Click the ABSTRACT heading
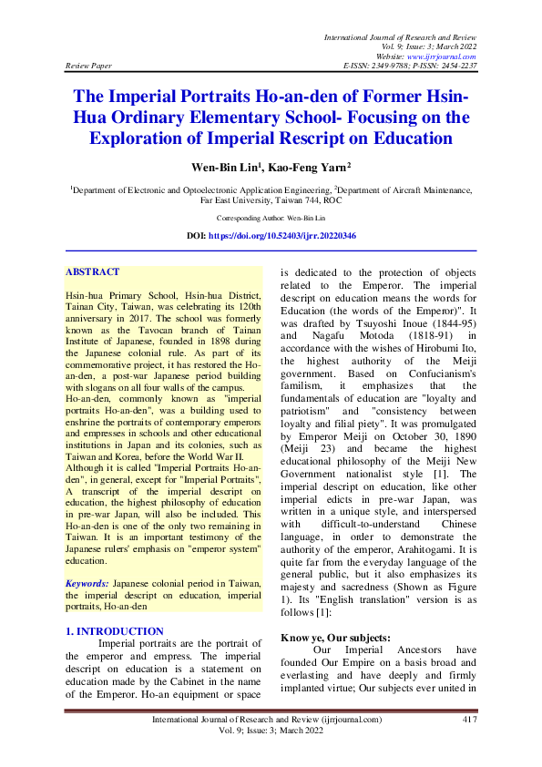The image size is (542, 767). pyautogui.click(x=93, y=271)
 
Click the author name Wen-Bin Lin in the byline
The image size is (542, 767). pyautogui.click(x=236, y=168)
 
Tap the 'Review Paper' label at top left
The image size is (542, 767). pyautogui.click(x=89, y=66)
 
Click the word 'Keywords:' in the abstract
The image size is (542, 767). pyautogui.click(x=87, y=556)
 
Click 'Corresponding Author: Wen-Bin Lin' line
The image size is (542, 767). pyautogui.click(x=271, y=219)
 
